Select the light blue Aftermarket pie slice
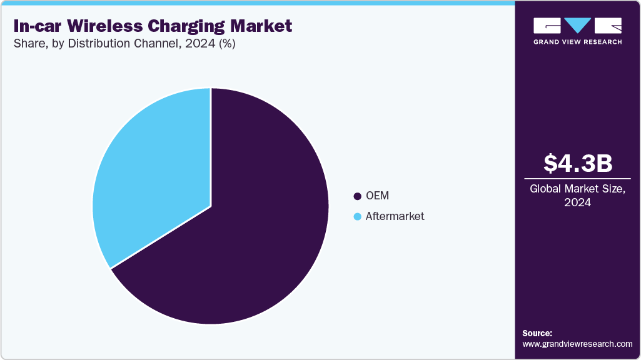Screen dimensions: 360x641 pos(156,175)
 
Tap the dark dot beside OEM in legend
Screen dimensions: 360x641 pos(358,196)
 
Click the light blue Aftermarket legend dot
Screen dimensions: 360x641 pos(358,217)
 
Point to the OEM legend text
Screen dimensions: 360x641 pos(377,196)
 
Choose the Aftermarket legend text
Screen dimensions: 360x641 pos(395,216)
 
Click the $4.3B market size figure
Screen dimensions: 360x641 pos(577,163)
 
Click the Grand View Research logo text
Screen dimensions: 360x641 pos(577,42)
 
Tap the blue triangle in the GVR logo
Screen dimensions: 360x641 pos(577,25)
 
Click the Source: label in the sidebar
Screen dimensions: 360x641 pos(537,333)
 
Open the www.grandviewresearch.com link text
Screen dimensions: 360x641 pos(577,344)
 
